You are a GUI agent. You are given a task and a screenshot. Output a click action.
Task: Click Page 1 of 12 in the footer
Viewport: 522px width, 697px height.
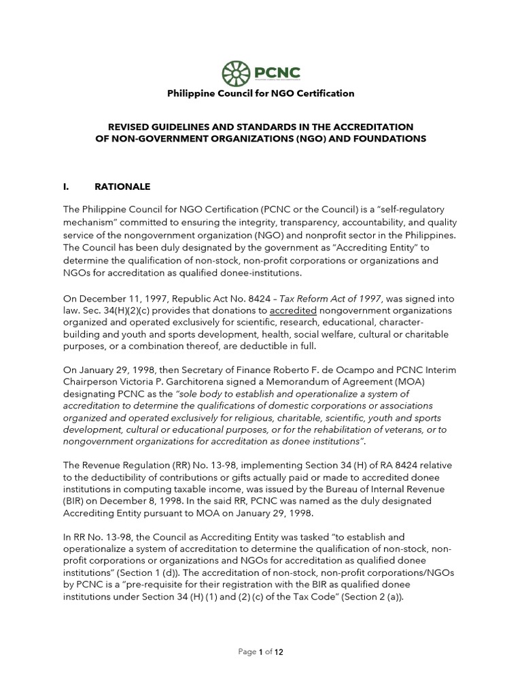260,651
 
